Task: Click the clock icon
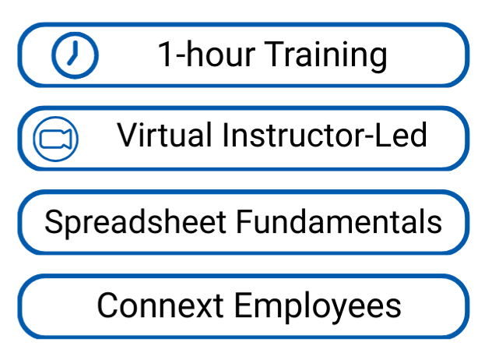[x=75, y=55]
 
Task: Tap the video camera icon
[x=56, y=139]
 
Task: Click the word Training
[x=326, y=55]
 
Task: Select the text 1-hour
[x=206, y=54]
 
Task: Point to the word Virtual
[x=164, y=135]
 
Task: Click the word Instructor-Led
[x=325, y=135]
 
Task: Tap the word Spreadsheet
[x=135, y=222]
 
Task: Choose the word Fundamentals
[x=339, y=221]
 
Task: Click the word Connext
[x=160, y=305]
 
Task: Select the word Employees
[x=318, y=306]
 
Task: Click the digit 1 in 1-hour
[x=165, y=54]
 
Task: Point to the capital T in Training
[x=275, y=54]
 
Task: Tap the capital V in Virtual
[x=128, y=135]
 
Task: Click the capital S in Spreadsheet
[x=55, y=222]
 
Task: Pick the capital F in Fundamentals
[x=245, y=222]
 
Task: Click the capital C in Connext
[x=108, y=305]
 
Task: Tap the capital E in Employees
[x=244, y=305]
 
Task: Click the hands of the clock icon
[x=73, y=53]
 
